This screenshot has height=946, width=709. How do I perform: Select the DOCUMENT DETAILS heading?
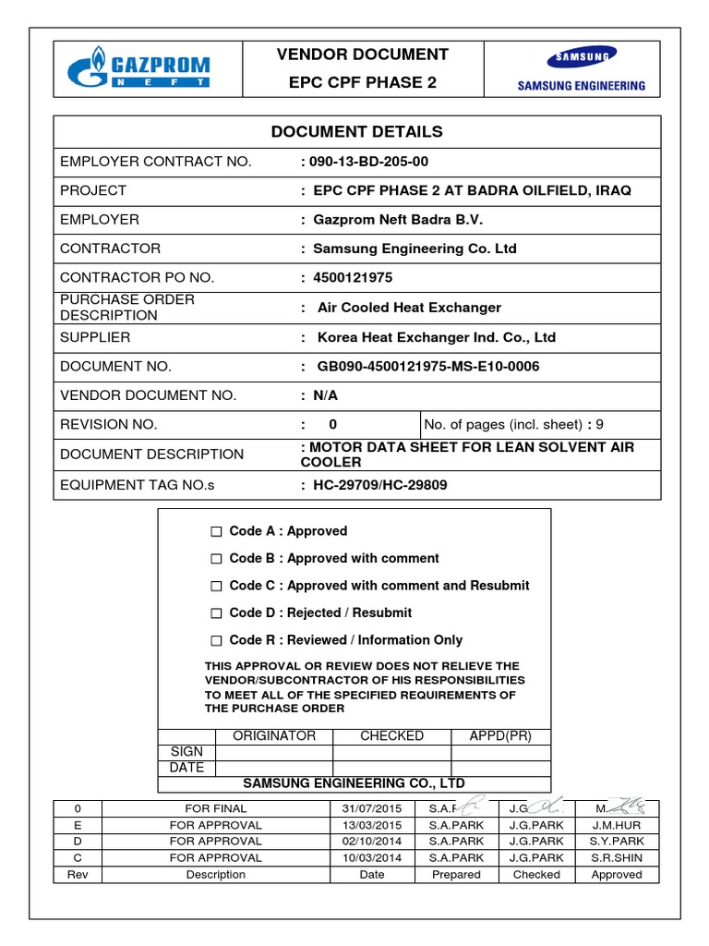pyautogui.click(x=356, y=131)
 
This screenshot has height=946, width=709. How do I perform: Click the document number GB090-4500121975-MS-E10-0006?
pyautogui.click(x=427, y=367)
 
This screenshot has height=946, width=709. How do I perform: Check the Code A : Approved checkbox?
pyautogui.click(x=216, y=532)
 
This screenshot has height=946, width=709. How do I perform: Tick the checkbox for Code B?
pyautogui.click(x=216, y=559)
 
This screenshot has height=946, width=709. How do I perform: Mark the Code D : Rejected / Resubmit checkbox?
pyautogui.click(x=216, y=613)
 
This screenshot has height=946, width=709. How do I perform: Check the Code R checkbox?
pyautogui.click(x=216, y=640)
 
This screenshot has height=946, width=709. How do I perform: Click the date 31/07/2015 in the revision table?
pyautogui.click(x=372, y=808)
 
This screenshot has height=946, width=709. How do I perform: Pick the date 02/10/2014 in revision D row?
pyautogui.click(x=372, y=842)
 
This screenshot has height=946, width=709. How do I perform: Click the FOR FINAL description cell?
pyautogui.click(x=216, y=808)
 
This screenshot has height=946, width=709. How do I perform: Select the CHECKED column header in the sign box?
pyautogui.click(x=391, y=736)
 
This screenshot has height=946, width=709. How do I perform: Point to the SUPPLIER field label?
pyautogui.click(x=95, y=337)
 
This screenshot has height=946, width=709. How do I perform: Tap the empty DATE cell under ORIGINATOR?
pyautogui.click(x=273, y=768)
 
